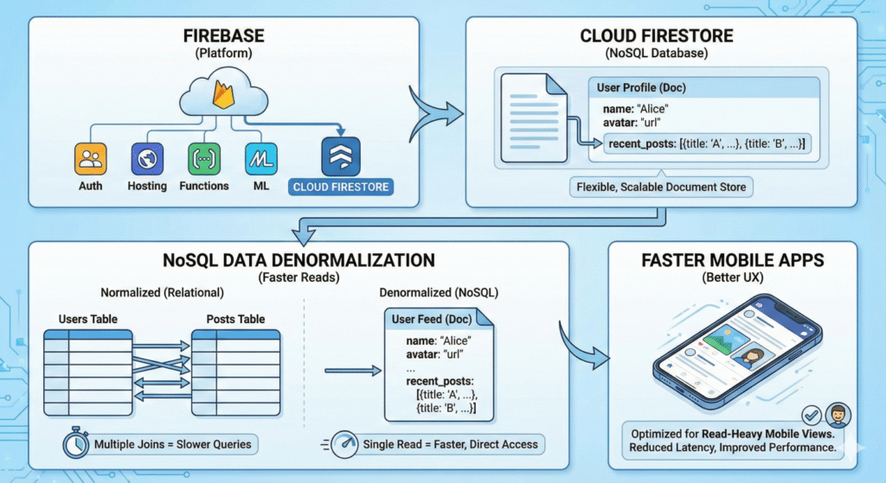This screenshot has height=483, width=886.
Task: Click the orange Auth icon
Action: [x=90, y=159]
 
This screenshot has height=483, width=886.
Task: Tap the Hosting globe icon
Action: [x=147, y=159]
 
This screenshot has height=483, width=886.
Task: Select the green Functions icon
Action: [x=204, y=159]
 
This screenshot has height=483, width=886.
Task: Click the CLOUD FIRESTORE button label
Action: [x=341, y=187]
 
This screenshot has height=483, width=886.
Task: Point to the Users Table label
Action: [x=88, y=320]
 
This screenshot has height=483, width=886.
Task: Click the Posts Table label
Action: [x=235, y=320]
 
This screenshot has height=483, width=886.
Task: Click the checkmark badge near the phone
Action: [x=812, y=414]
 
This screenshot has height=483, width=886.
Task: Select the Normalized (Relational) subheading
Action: [x=162, y=293]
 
